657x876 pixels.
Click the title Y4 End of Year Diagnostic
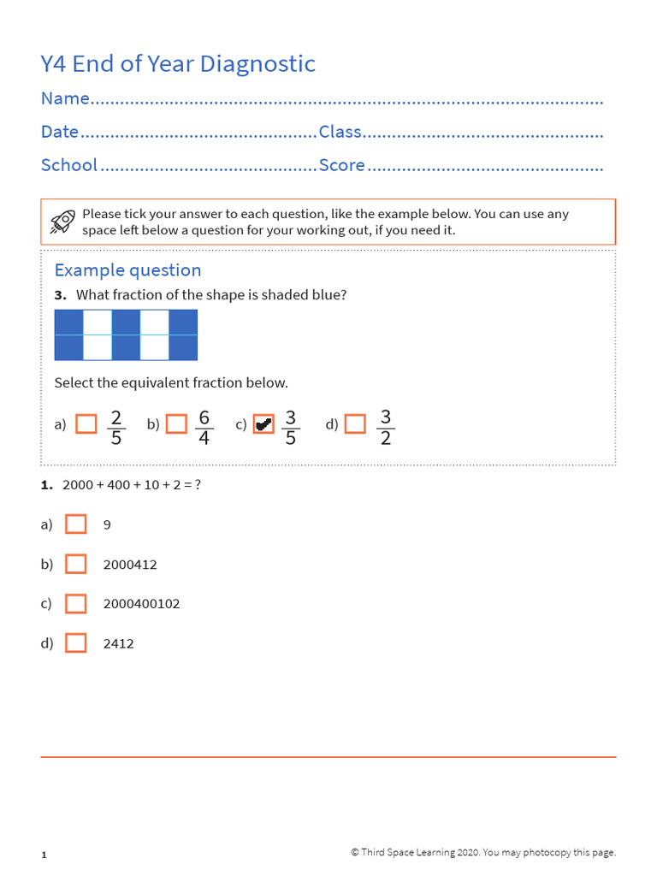178,64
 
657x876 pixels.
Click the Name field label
65,99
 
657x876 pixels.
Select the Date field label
60,133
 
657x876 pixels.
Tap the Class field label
340,133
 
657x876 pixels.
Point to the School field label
69,165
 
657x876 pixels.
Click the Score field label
341,165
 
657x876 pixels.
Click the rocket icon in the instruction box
62,222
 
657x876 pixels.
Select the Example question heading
127,270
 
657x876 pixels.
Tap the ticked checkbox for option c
264,424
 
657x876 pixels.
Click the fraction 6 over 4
204,427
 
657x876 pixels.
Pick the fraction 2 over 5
116,427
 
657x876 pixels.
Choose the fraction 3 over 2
385,427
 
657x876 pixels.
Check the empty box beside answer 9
76,524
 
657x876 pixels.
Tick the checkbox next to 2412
76,642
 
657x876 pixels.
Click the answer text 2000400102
141,604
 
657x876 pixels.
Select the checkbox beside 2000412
76,564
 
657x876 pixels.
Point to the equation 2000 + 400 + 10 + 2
132,485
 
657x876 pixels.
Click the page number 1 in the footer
44,855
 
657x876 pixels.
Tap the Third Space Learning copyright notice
482,852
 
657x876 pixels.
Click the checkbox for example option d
355,424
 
